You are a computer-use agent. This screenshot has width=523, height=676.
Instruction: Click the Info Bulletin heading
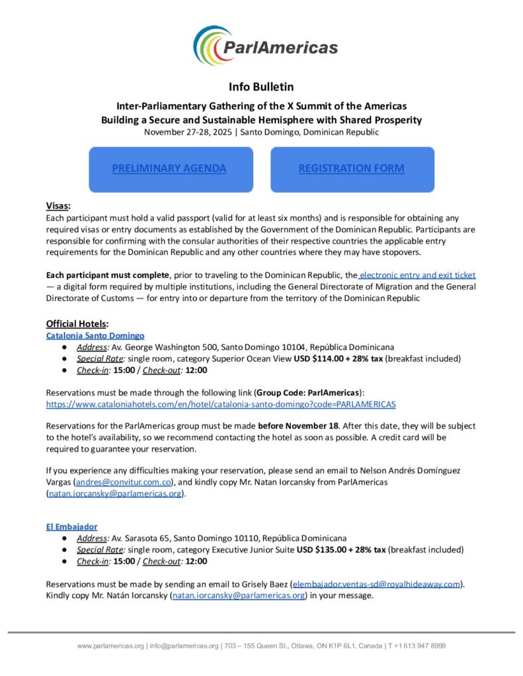pyautogui.click(x=261, y=86)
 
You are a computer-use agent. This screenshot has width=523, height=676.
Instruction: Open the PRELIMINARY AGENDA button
pyautogui.click(x=169, y=168)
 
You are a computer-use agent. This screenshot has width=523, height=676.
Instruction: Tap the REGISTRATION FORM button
pyautogui.click(x=352, y=168)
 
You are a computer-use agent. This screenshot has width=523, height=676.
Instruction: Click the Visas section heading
pyautogui.click(x=58, y=206)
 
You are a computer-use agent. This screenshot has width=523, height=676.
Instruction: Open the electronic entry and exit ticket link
pyautogui.click(x=417, y=274)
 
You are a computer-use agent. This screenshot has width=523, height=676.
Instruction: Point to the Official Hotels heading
pyautogui.click(x=77, y=323)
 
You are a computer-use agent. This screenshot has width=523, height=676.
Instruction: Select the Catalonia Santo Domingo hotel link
pyautogui.click(x=95, y=335)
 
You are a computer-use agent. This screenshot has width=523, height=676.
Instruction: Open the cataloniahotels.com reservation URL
pyautogui.click(x=221, y=403)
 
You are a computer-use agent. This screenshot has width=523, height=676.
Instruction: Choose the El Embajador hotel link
pyautogui.click(x=71, y=526)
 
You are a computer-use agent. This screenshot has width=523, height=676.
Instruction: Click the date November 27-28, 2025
pyautogui.click(x=190, y=131)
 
